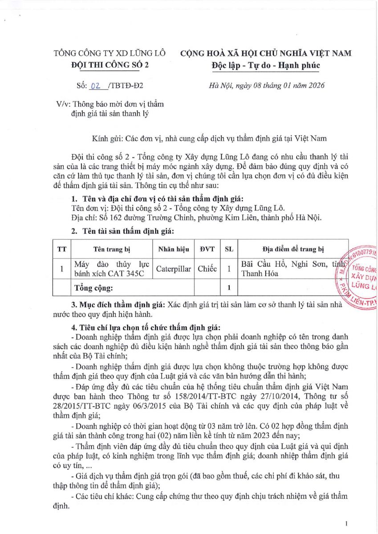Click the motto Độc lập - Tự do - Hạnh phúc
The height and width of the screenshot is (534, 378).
265,65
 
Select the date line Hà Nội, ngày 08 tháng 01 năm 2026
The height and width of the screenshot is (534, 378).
267,85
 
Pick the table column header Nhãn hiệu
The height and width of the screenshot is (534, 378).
173,249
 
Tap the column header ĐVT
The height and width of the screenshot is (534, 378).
207,249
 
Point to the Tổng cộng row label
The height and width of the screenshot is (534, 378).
93,288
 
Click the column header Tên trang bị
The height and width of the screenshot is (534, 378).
111,249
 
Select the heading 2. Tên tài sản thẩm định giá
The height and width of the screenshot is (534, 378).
122,231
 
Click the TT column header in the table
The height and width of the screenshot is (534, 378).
61,249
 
